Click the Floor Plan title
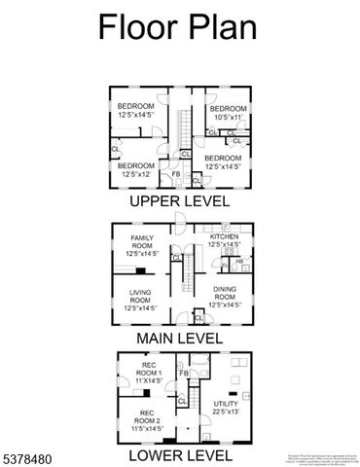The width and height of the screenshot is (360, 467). point(177,27)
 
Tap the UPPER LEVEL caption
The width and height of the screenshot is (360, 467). point(180,201)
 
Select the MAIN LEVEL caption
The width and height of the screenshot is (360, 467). point(180,339)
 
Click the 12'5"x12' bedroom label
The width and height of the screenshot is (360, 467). point(136,170)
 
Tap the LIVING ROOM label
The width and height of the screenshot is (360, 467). point(136,301)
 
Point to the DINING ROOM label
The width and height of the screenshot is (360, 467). point(226,301)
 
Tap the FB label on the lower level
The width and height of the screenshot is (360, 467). point(183,374)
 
